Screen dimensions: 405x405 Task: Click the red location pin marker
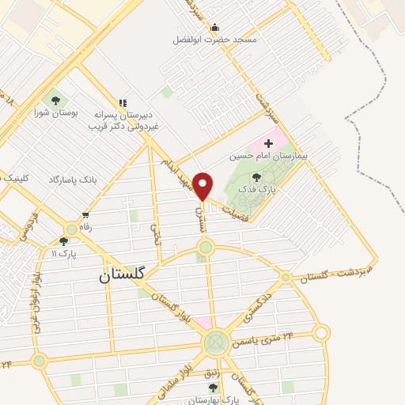(203, 186)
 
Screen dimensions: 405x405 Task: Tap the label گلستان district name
(123, 275)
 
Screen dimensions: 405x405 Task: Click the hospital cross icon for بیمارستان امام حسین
(268, 143)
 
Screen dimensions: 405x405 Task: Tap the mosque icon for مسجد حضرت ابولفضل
(214, 28)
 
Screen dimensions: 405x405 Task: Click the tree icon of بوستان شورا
(55, 100)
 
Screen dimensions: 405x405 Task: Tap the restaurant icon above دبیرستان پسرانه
(122, 102)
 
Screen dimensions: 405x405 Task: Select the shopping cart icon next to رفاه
(85, 214)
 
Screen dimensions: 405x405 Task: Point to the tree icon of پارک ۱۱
(64, 241)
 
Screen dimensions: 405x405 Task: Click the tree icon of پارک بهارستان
(212, 387)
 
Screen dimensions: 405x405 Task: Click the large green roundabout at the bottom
(214, 343)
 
